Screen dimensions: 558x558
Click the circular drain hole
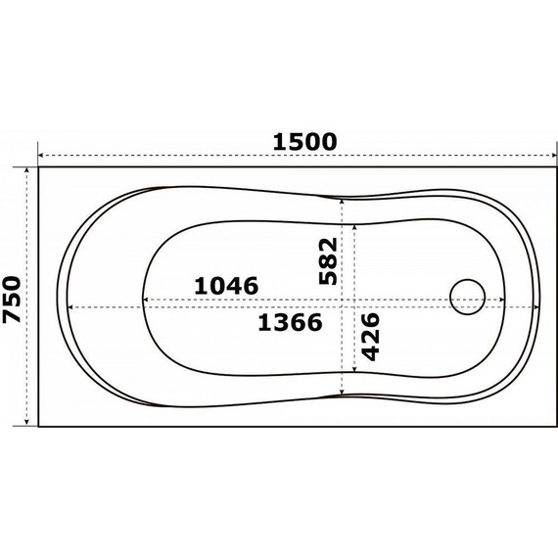(x=466, y=297)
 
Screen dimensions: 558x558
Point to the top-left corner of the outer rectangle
(x=38, y=167)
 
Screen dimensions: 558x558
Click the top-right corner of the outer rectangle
(x=553, y=167)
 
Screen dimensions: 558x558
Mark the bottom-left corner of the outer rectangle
(x=38, y=426)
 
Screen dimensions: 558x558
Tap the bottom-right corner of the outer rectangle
(x=553, y=426)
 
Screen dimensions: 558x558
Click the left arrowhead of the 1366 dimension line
(x=65, y=307)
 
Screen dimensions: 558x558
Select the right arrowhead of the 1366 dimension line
(x=537, y=307)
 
